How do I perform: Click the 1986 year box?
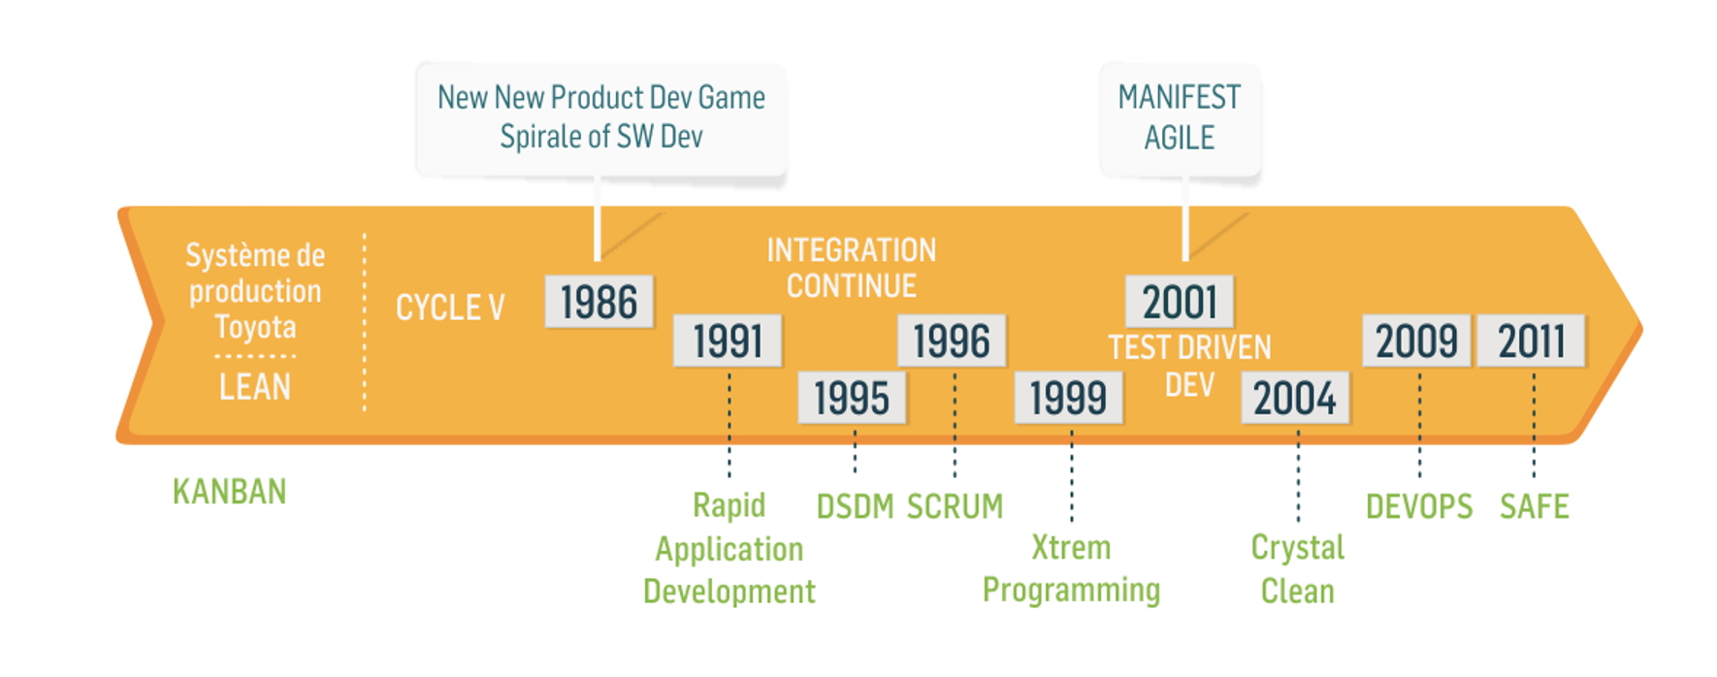pyautogui.click(x=599, y=302)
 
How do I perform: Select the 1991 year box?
pyautogui.click(x=728, y=340)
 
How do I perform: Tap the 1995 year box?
pyautogui.click(x=852, y=398)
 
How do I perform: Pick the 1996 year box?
pyautogui.click(x=952, y=340)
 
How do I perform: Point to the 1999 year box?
pyautogui.click(x=1068, y=398)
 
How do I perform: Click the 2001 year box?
pyautogui.click(x=1180, y=302)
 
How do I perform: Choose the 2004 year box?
pyautogui.click(x=1295, y=398)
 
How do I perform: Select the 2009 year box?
pyautogui.click(x=1416, y=340)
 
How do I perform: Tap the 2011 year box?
pyautogui.click(x=1532, y=340)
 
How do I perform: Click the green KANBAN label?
pyautogui.click(x=230, y=492)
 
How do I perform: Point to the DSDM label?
pyautogui.click(x=855, y=506)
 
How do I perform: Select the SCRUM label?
pyautogui.click(x=956, y=506)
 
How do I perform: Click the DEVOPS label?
pyautogui.click(x=1419, y=506)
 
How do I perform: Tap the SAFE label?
pyautogui.click(x=1535, y=506)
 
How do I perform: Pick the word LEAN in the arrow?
pyautogui.click(x=255, y=387)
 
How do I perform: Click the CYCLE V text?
pyautogui.click(x=450, y=307)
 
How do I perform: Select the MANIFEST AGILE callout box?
pyautogui.click(x=1180, y=119)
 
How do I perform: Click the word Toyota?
pyautogui.click(x=255, y=328)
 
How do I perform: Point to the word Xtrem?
pyautogui.click(x=1071, y=547)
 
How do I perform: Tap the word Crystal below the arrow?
pyautogui.click(x=1298, y=548)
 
